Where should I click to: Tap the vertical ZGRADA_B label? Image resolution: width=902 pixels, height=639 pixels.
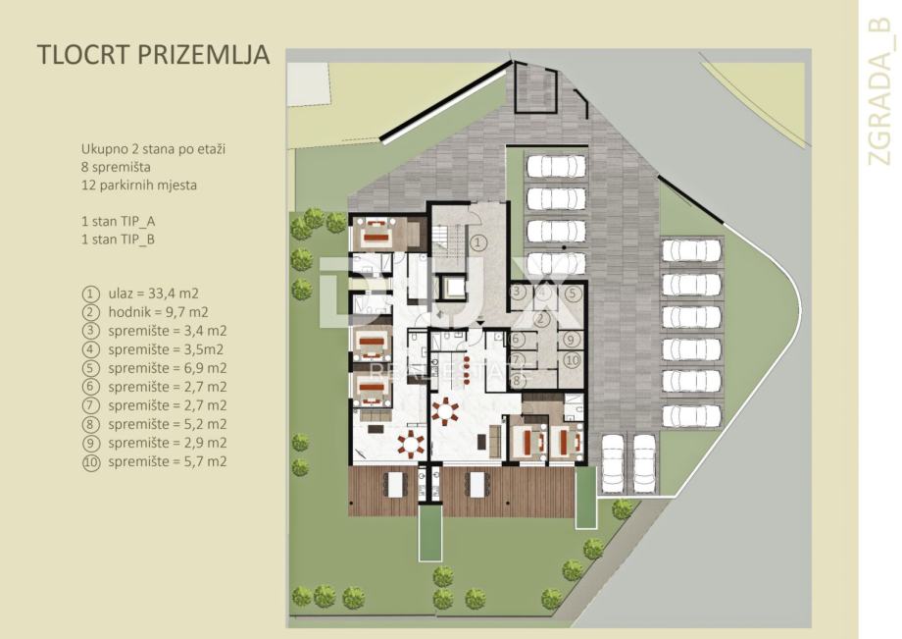point(879,92)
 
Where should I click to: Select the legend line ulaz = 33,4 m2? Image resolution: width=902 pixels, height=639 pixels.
point(153,293)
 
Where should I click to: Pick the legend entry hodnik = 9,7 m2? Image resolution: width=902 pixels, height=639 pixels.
point(158,312)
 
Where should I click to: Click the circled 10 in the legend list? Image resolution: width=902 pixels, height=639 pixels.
point(91,462)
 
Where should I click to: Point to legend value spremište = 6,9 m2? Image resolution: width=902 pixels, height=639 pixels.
point(168,368)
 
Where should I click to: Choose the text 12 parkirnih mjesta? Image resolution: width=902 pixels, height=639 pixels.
point(138,185)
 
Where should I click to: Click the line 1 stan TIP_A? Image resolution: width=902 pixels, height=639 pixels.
point(118,222)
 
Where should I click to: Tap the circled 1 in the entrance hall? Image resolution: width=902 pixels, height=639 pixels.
point(478,242)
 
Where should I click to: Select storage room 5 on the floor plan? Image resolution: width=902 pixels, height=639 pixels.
point(571,293)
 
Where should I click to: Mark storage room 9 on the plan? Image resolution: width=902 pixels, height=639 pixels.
point(571,340)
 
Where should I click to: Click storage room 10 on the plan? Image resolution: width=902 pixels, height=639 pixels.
point(572,361)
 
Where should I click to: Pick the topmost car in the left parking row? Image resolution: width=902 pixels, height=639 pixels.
point(556,166)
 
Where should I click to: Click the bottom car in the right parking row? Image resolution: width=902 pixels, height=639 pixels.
point(691,415)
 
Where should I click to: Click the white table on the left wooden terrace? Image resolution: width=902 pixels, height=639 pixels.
point(395,485)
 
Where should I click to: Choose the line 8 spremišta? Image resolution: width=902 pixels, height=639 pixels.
point(116,167)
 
